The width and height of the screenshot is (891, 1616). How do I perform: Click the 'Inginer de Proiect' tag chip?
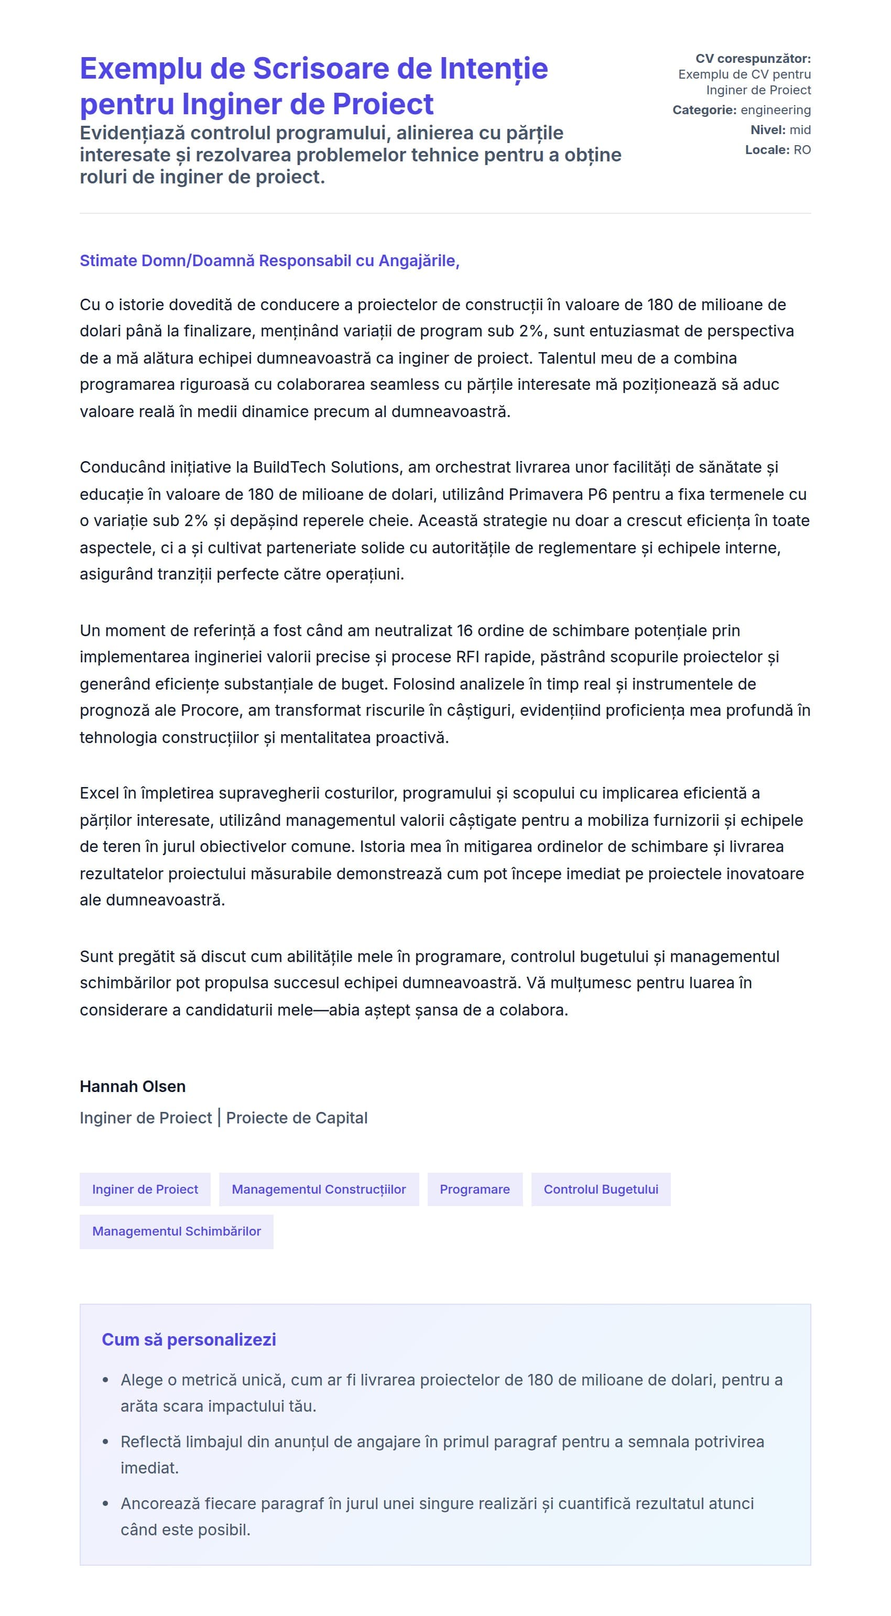pos(145,1189)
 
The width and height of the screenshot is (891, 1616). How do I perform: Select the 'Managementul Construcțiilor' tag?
pos(319,1189)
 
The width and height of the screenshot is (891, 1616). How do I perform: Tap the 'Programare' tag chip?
pos(474,1189)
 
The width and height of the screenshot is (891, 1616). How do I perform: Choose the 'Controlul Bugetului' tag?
pos(601,1189)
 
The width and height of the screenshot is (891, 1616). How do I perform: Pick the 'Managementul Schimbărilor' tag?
pos(176,1231)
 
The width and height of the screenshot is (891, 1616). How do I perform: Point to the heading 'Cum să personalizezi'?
pos(189,1339)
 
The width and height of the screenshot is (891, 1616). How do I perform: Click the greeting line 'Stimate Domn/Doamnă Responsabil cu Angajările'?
pos(269,260)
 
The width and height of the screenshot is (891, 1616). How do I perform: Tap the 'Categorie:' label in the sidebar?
pos(704,111)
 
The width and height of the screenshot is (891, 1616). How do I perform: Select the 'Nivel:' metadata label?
pos(767,130)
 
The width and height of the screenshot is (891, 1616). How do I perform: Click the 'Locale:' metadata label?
pos(767,150)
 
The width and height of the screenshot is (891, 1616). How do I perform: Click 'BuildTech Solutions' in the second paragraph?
pos(325,467)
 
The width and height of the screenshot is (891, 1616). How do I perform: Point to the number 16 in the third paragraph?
pos(464,630)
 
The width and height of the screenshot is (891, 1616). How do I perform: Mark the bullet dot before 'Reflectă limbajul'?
pos(105,1442)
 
